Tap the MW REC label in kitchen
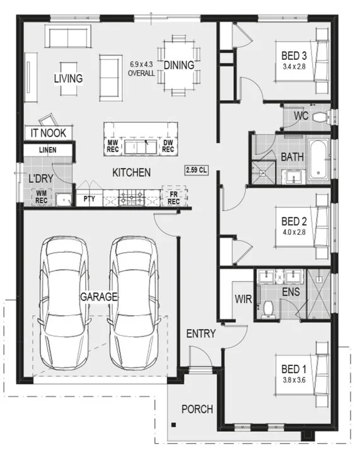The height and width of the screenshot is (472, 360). pyautogui.click(x=113, y=146)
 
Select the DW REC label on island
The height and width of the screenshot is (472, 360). pyautogui.click(x=168, y=146)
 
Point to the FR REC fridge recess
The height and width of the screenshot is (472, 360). pyautogui.click(x=173, y=199)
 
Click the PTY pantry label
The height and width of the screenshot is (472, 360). pyautogui.click(x=89, y=199)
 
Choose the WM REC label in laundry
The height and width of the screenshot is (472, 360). pyautogui.click(x=41, y=197)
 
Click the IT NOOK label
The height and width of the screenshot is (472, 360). pyautogui.click(x=48, y=134)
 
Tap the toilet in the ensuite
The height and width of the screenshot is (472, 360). pyautogui.click(x=268, y=308)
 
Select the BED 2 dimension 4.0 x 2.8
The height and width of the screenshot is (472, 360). pyautogui.click(x=294, y=232)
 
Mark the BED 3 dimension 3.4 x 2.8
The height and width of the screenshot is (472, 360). pyautogui.click(x=294, y=66)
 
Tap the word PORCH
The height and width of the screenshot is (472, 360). pyautogui.click(x=197, y=409)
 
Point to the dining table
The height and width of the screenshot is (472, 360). pyautogui.click(x=178, y=65)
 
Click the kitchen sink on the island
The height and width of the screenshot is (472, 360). pyautogui.click(x=141, y=147)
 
